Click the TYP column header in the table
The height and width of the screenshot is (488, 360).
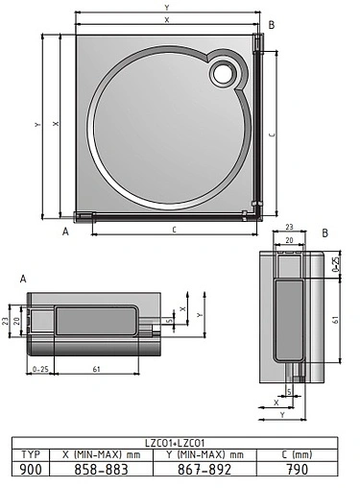(x=31, y=453)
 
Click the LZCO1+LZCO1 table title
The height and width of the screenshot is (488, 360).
(x=180, y=442)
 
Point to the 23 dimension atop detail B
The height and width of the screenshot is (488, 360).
(x=289, y=228)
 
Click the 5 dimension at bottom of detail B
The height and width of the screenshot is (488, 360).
(x=288, y=392)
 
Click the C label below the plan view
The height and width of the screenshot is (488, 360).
(x=173, y=230)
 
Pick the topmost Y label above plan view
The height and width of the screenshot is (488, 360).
(x=167, y=9)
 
